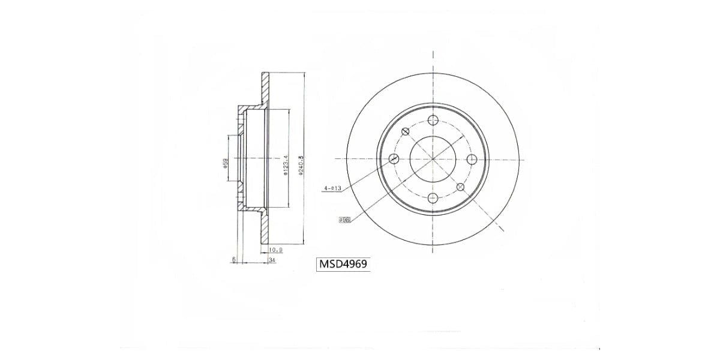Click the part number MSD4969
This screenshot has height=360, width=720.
click(x=343, y=264)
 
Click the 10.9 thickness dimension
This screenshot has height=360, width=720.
click(x=276, y=250)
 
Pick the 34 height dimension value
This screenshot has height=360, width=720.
click(x=272, y=260)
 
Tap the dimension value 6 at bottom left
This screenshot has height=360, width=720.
click(x=235, y=260)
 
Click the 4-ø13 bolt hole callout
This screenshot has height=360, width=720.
click(x=332, y=188)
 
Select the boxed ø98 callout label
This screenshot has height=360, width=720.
click(x=344, y=220)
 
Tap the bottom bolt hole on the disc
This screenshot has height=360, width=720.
click(x=433, y=199)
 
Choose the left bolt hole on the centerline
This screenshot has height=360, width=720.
click(x=394, y=159)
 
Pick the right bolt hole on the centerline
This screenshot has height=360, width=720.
click(x=472, y=159)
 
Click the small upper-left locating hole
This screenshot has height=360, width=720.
click(x=405, y=132)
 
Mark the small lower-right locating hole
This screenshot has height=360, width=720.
click(x=460, y=187)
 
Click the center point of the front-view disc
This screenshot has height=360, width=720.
click(x=433, y=159)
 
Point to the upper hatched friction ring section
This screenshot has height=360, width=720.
click(x=265, y=90)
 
